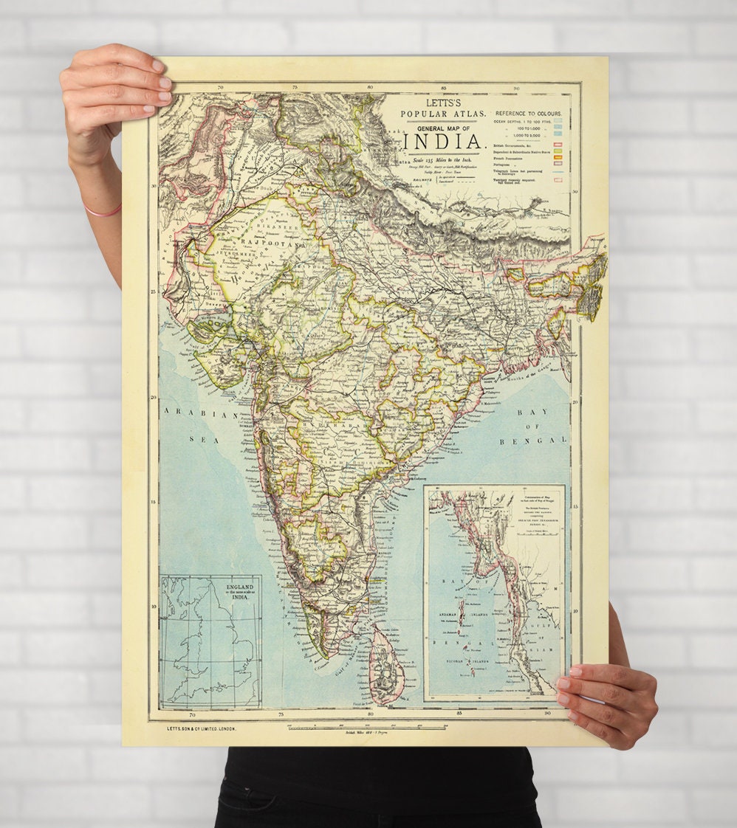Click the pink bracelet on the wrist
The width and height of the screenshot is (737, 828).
(x=103, y=212)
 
